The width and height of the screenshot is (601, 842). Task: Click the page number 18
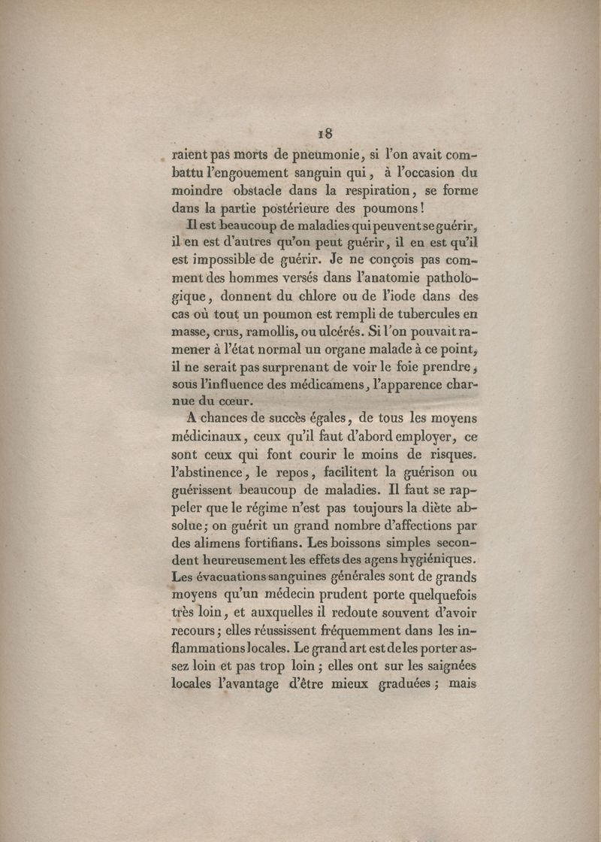(325, 135)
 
